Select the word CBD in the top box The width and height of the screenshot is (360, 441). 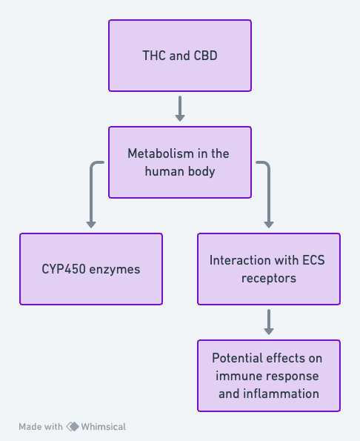pos(205,56)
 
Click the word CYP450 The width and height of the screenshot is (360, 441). pos(64,269)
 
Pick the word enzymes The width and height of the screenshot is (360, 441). pos(115,270)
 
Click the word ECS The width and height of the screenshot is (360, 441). pos(313,260)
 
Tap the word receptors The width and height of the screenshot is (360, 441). pos(269,279)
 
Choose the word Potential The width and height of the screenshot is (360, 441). pos(237,358)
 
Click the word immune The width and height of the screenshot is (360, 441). pos(236,376)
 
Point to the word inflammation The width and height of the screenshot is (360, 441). pos(281,394)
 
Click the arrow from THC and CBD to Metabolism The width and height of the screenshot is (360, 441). pos(180,108)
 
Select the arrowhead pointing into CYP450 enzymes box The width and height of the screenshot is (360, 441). pos(91,225)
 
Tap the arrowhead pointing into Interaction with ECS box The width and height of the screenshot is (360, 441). pos(269,225)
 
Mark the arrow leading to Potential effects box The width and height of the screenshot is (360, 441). pos(269,322)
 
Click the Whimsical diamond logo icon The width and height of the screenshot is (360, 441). pos(73,427)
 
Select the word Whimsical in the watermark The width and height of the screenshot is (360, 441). pos(104,427)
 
